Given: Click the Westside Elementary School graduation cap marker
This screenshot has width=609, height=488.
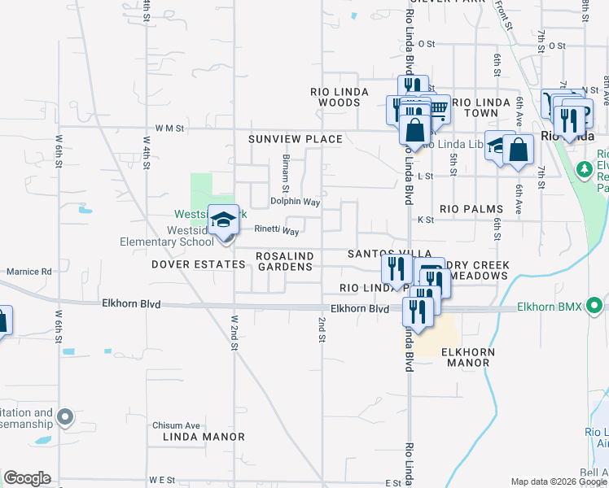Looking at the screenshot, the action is coord(222,220).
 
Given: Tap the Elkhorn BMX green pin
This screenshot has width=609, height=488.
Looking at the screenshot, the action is coord(595,307).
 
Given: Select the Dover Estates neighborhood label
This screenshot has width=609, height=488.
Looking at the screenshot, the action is coord(198,264).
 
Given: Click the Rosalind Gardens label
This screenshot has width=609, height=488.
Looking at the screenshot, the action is coord(284,261).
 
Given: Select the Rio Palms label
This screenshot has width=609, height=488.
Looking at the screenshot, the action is coord(471,209).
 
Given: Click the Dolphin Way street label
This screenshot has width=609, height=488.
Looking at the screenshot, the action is coord(295,202).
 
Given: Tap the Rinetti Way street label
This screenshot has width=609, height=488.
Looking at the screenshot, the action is coord(277,231).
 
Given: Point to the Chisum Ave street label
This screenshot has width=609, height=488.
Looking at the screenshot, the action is coord(176,425).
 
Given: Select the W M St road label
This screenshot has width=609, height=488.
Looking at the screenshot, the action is coord(171,128).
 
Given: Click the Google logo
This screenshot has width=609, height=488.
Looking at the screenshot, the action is coord(27,478).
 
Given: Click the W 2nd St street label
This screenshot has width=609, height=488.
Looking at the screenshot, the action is coord(234,333).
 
